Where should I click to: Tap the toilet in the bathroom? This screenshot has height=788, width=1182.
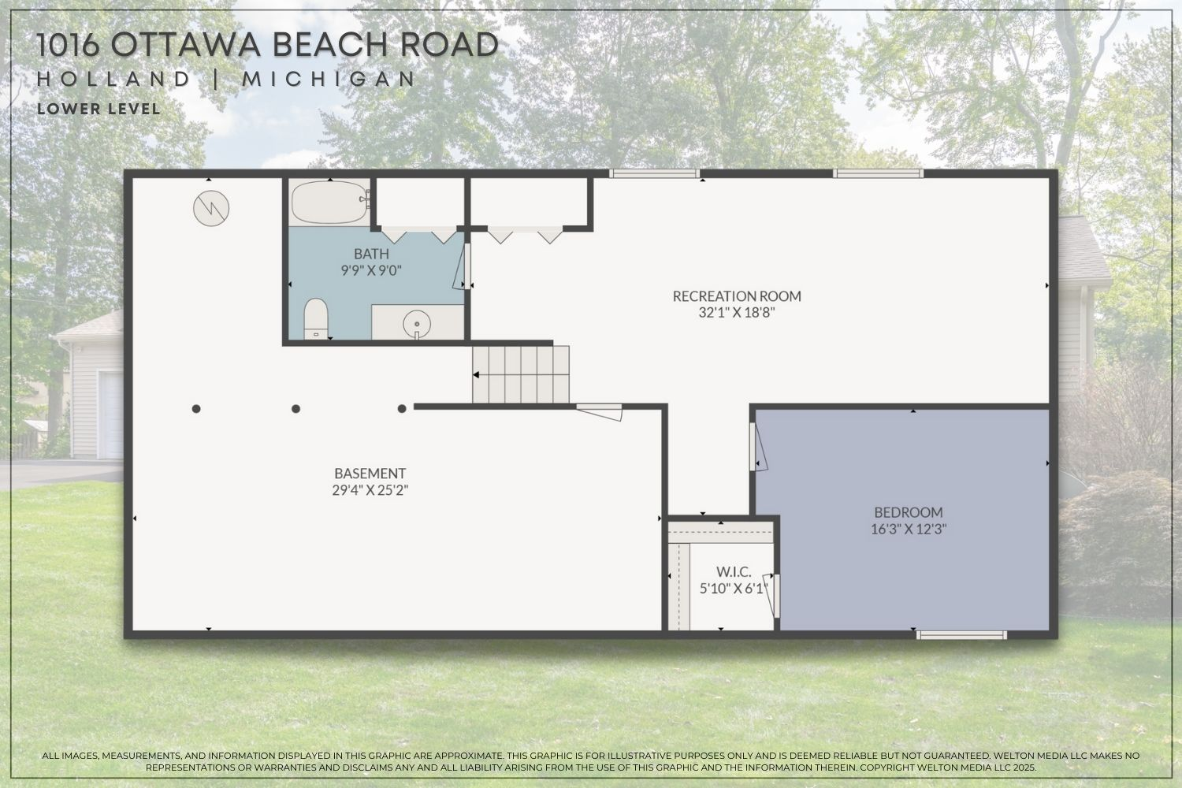coord(316,318)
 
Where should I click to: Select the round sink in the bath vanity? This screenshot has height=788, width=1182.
coord(415,323)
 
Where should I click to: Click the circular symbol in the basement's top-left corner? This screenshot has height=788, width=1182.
coord(211,208)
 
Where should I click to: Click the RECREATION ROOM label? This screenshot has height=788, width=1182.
coord(736,296)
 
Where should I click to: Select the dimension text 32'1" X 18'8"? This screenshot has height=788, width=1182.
coord(736,313)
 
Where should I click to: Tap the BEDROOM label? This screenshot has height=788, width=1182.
coord(908,512)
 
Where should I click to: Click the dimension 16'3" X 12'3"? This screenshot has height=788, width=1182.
coord(908,529)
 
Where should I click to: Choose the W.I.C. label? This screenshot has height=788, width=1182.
coord(733,571)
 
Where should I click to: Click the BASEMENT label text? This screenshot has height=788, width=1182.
coord(370,474)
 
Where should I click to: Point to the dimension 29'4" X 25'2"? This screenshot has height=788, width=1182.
coord(370,490)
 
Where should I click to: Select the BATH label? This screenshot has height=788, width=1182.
coord(370,254)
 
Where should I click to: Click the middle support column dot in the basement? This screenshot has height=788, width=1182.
coord(296,408)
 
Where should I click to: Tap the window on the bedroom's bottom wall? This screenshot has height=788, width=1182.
coord(961,634)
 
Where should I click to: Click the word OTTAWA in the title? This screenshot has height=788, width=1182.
coord(186,46)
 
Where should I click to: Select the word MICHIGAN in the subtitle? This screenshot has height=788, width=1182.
coord(329,80)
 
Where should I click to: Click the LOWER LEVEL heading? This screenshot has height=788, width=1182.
coord(98,110)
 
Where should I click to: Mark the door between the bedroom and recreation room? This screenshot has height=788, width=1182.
coord(756,448)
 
